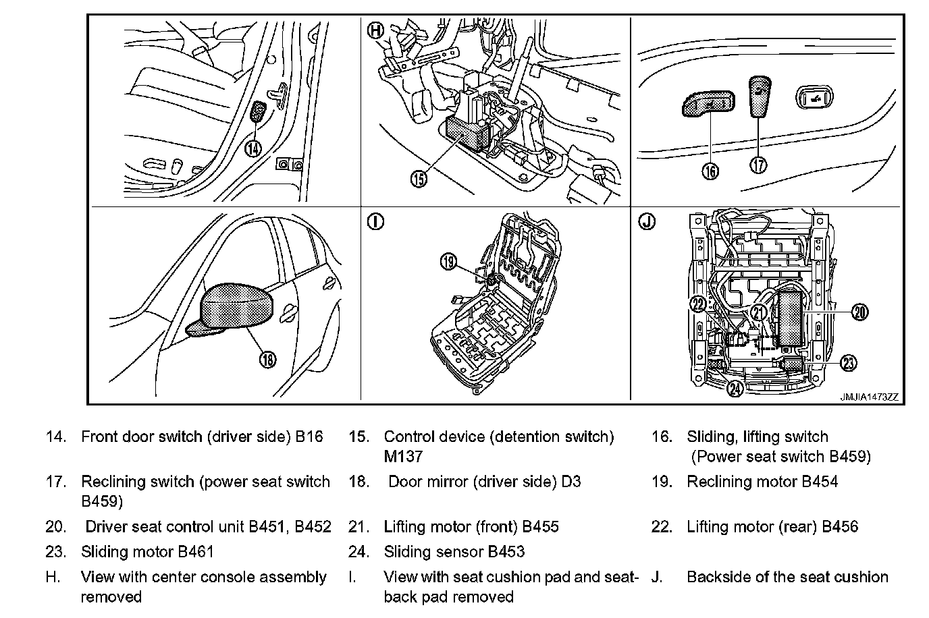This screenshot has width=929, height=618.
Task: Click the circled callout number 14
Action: tap(253, 148)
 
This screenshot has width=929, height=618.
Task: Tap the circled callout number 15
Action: tap(419, 179)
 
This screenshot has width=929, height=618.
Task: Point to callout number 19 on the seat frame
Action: tap(449, 262)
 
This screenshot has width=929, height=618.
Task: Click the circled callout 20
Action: tap(859, 312)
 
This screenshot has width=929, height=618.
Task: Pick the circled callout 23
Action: tap(849, 363)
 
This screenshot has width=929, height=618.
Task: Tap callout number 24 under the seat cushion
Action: tap(736, 388)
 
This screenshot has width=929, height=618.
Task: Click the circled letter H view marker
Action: tap(376, 30)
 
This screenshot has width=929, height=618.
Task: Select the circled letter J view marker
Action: tap(647, 221)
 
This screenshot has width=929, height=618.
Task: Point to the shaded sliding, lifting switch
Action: tap(705, 104)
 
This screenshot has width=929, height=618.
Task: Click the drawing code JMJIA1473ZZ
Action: tap(869, 397)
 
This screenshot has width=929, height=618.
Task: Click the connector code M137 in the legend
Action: tap(403, 457)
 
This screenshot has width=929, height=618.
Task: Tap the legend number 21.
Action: tap(358, 527)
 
